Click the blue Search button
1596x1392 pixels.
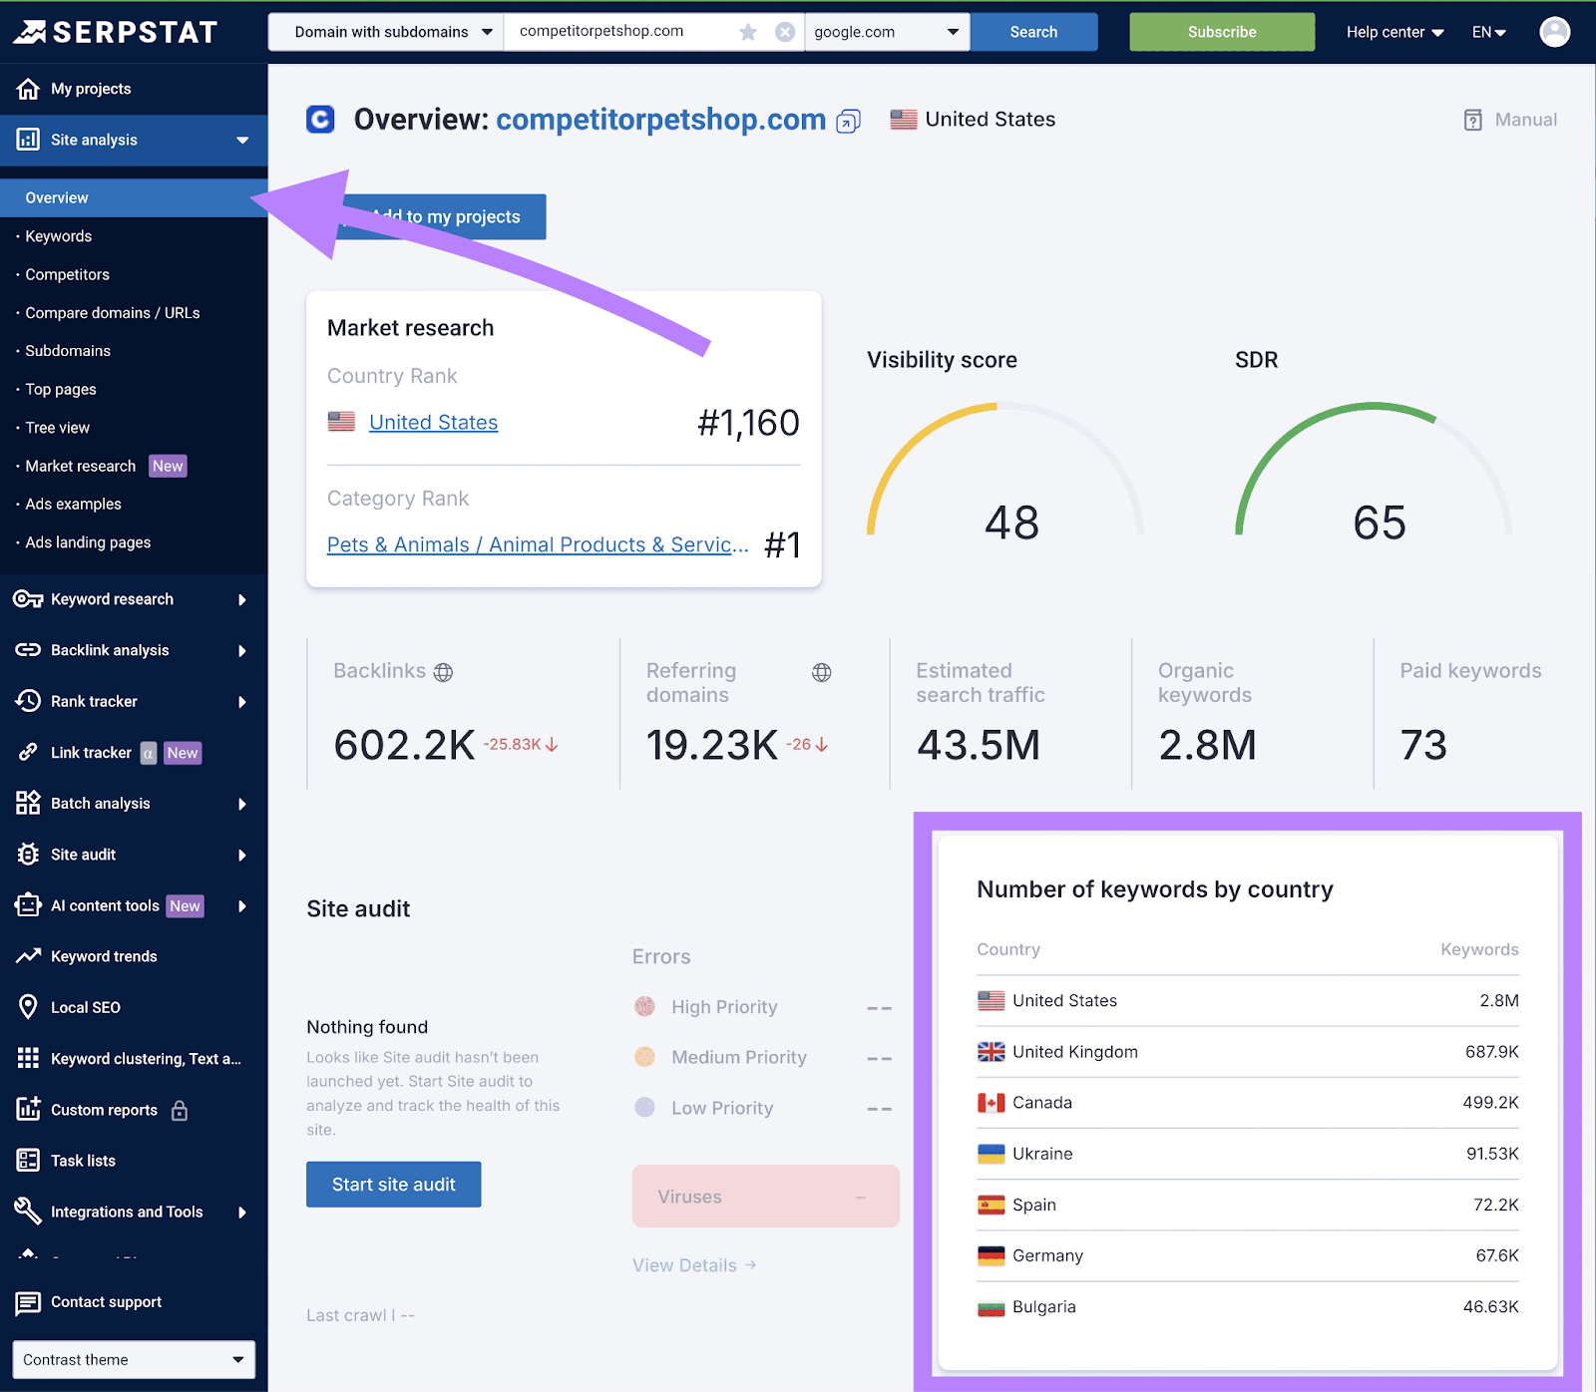(x=1033, y=32)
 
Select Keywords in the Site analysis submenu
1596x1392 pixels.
(x=59, y=236)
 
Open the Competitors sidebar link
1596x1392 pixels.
(x=68, y=274)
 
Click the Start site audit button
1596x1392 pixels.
(x=393, y=1184)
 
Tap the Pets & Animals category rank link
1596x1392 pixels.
(x=537, y=544)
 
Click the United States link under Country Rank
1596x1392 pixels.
(x=433, y=423)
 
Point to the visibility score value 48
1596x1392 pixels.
(x=1011, y=522)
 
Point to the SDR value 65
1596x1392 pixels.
(x=1379, y=522)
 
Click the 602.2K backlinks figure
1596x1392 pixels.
(x=404, y=745)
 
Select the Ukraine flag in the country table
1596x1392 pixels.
(x=991, y=1154)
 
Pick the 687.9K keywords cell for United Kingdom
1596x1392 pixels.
(x=1491, y=1052)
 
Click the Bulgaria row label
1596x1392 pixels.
(x=1043, y=1307)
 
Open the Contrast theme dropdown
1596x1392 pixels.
(x=134, y=1359)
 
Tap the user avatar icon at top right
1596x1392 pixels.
(x=1554, y=32)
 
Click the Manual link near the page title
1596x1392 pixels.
(x=1511, y=120)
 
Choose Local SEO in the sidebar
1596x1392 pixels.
(x=86, y=1007)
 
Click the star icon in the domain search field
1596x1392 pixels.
(x=748, y=32)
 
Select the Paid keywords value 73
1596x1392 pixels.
(x=1423, y=745)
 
